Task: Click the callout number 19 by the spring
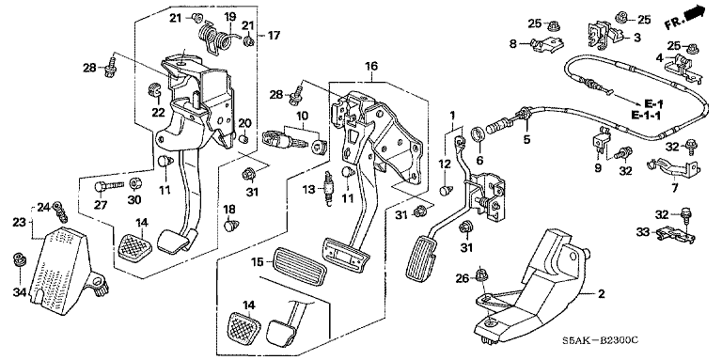[229, 17]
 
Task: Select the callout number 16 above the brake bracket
[371, 67]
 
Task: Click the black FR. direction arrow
[695, 13]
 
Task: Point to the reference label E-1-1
[645, 116]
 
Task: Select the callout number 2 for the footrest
[602, 293]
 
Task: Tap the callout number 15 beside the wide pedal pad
[257, 262]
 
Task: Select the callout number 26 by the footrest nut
[463, 278]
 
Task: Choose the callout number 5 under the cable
[526, 138]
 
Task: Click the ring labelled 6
[479, 134]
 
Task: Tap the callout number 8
[513, 44]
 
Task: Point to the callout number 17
[274, 35]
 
